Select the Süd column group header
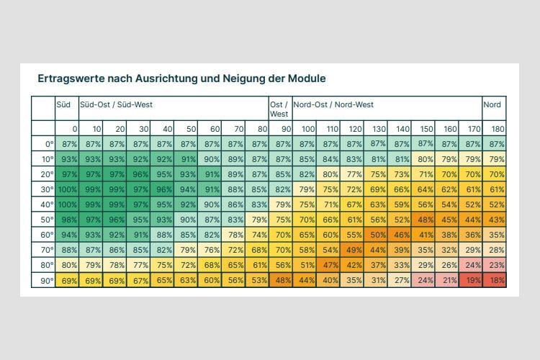(x=63, y=105)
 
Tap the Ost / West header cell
(x=279, y=109)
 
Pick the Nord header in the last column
(x=492, y=105)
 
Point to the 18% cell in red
(x=495, y=280)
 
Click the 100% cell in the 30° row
(x=67, y=189)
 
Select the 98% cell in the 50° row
(x=68, y=220)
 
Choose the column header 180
(x=495, y=129)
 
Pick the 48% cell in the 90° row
(x=282, y=280)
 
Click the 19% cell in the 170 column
(x=472, y=280)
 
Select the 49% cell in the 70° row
(x=353, y=250)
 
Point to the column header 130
(x=377, y=129)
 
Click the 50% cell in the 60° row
(x=377, y=235)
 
